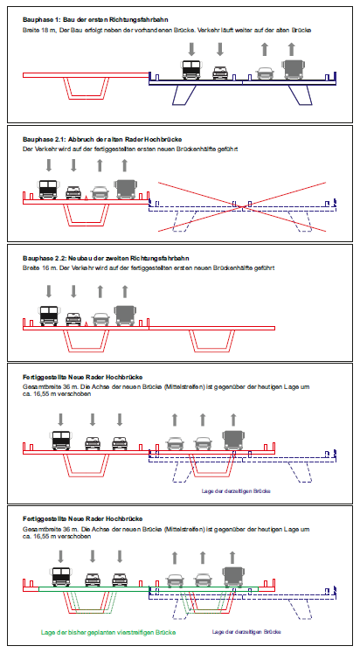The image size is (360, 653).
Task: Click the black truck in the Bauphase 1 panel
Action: pyautogui.click(x=191, y=70)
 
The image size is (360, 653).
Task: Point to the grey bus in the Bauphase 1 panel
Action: pyautogui.click(x=293, y=70)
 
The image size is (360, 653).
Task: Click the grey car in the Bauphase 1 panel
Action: pyautogui.click(x=265, y=73)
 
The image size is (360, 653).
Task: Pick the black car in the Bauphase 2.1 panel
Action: pyautogui.click(x=73, y=192)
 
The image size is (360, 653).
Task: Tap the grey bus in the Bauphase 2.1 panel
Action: pyautogui.click(x=124, y=189)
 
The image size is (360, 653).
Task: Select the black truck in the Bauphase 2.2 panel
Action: pyautogui.click(x=49, y=316)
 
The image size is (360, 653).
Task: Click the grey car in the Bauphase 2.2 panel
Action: pyautogui.click(x=100, y=319)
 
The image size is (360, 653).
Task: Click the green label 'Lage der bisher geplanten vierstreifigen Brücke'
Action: pyautogui.click(x=108, y=632)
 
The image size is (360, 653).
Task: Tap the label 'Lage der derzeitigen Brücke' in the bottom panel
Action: pyautogui.click(x=246, y=632)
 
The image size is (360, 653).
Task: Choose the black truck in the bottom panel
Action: pyautogui.click(x=61, y=577)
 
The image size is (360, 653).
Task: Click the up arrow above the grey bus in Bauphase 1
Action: pyautogui.click(x=291, y=49)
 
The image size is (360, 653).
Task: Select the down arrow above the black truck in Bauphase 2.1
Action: pyautogui.click(x=49, y=165)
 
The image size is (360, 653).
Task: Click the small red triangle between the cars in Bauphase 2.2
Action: pyautogui.click(x=86, y=323)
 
